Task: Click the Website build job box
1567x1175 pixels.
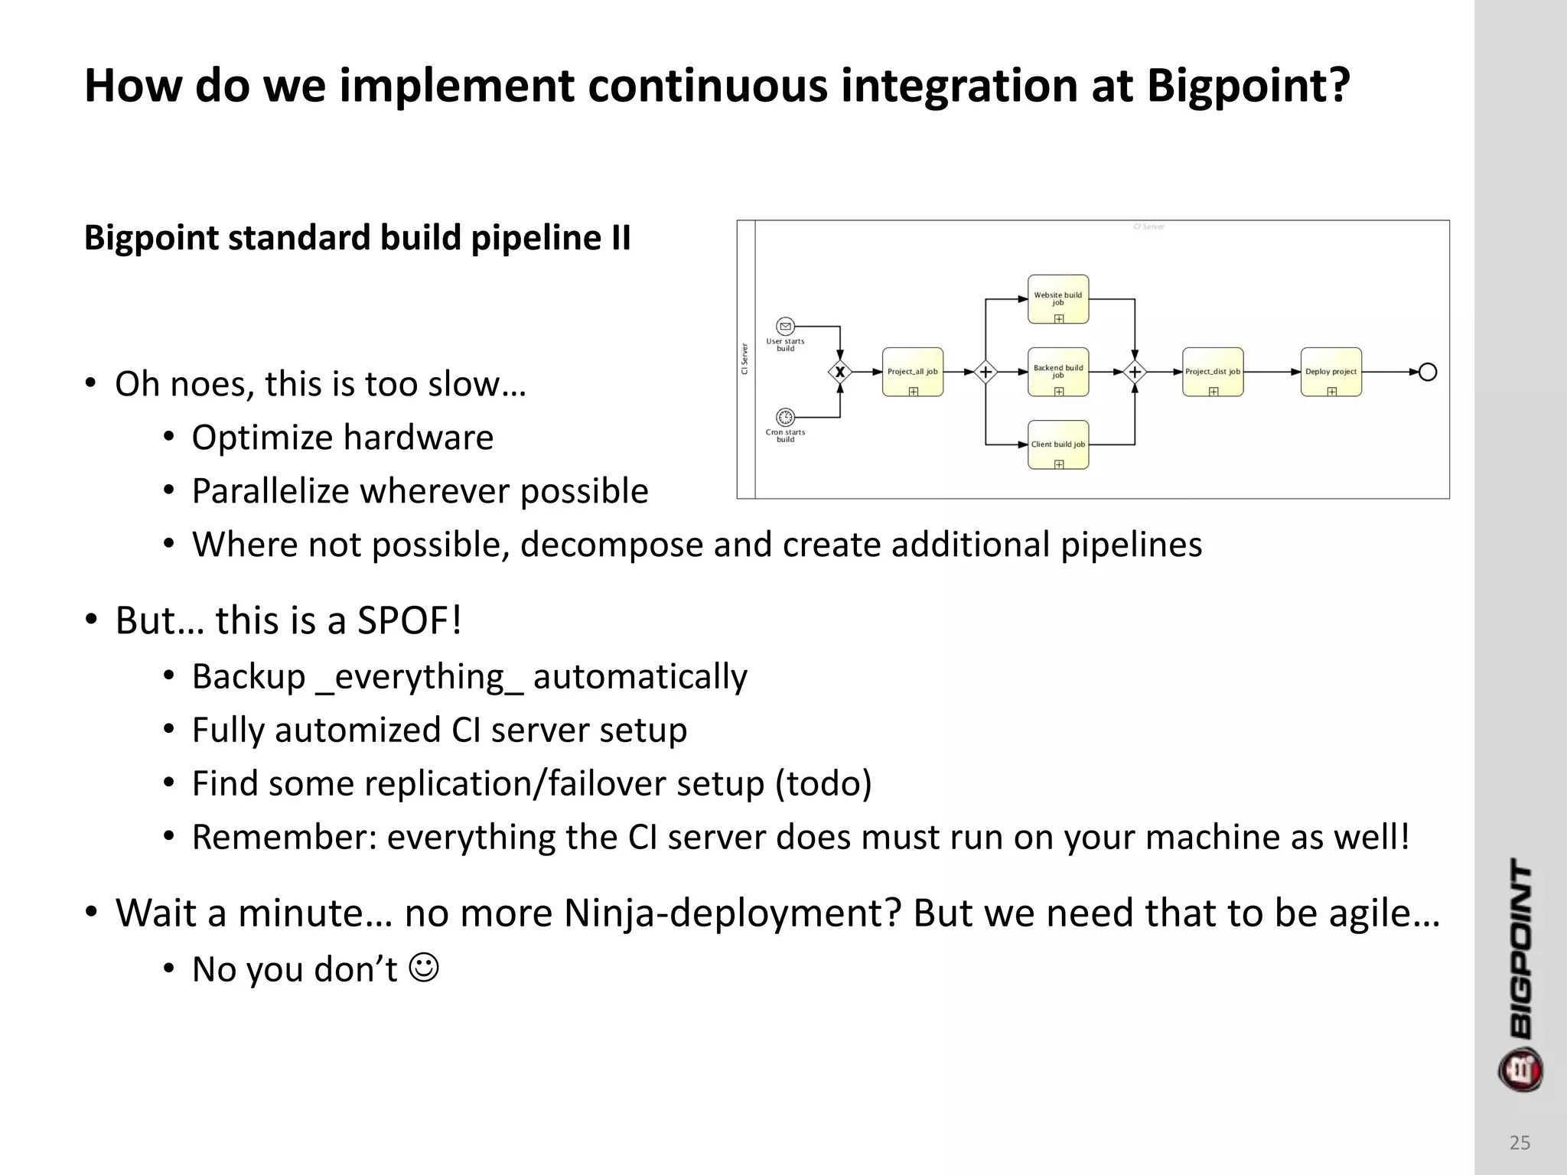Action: pos(1058,299)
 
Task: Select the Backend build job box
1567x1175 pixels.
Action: pos(1058,372)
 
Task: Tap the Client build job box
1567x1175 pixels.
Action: pos(1058,444)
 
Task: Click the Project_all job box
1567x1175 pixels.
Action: pos(913,372)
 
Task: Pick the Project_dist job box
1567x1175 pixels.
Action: pos(1213,372)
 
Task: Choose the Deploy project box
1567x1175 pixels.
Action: pos(1331,372)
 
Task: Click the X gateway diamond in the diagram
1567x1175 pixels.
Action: pos(840,373)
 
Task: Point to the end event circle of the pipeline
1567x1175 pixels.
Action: pos(1428,373)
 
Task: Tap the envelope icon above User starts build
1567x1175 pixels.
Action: pos(785,327)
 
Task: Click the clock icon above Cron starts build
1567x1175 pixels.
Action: pos(785,417)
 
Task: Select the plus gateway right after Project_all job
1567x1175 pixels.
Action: pos(985,373)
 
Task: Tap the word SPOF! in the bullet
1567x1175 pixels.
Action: pos(409,620)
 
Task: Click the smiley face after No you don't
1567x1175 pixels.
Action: pos(425,968)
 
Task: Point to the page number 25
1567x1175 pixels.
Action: pos(1520,1143)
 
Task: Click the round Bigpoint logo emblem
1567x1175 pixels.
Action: pos(1520,1070)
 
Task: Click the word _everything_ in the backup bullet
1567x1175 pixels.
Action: pos(419,677)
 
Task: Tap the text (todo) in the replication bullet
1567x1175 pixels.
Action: pos(823,784)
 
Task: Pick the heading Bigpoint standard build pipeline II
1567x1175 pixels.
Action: pos(357,238)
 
